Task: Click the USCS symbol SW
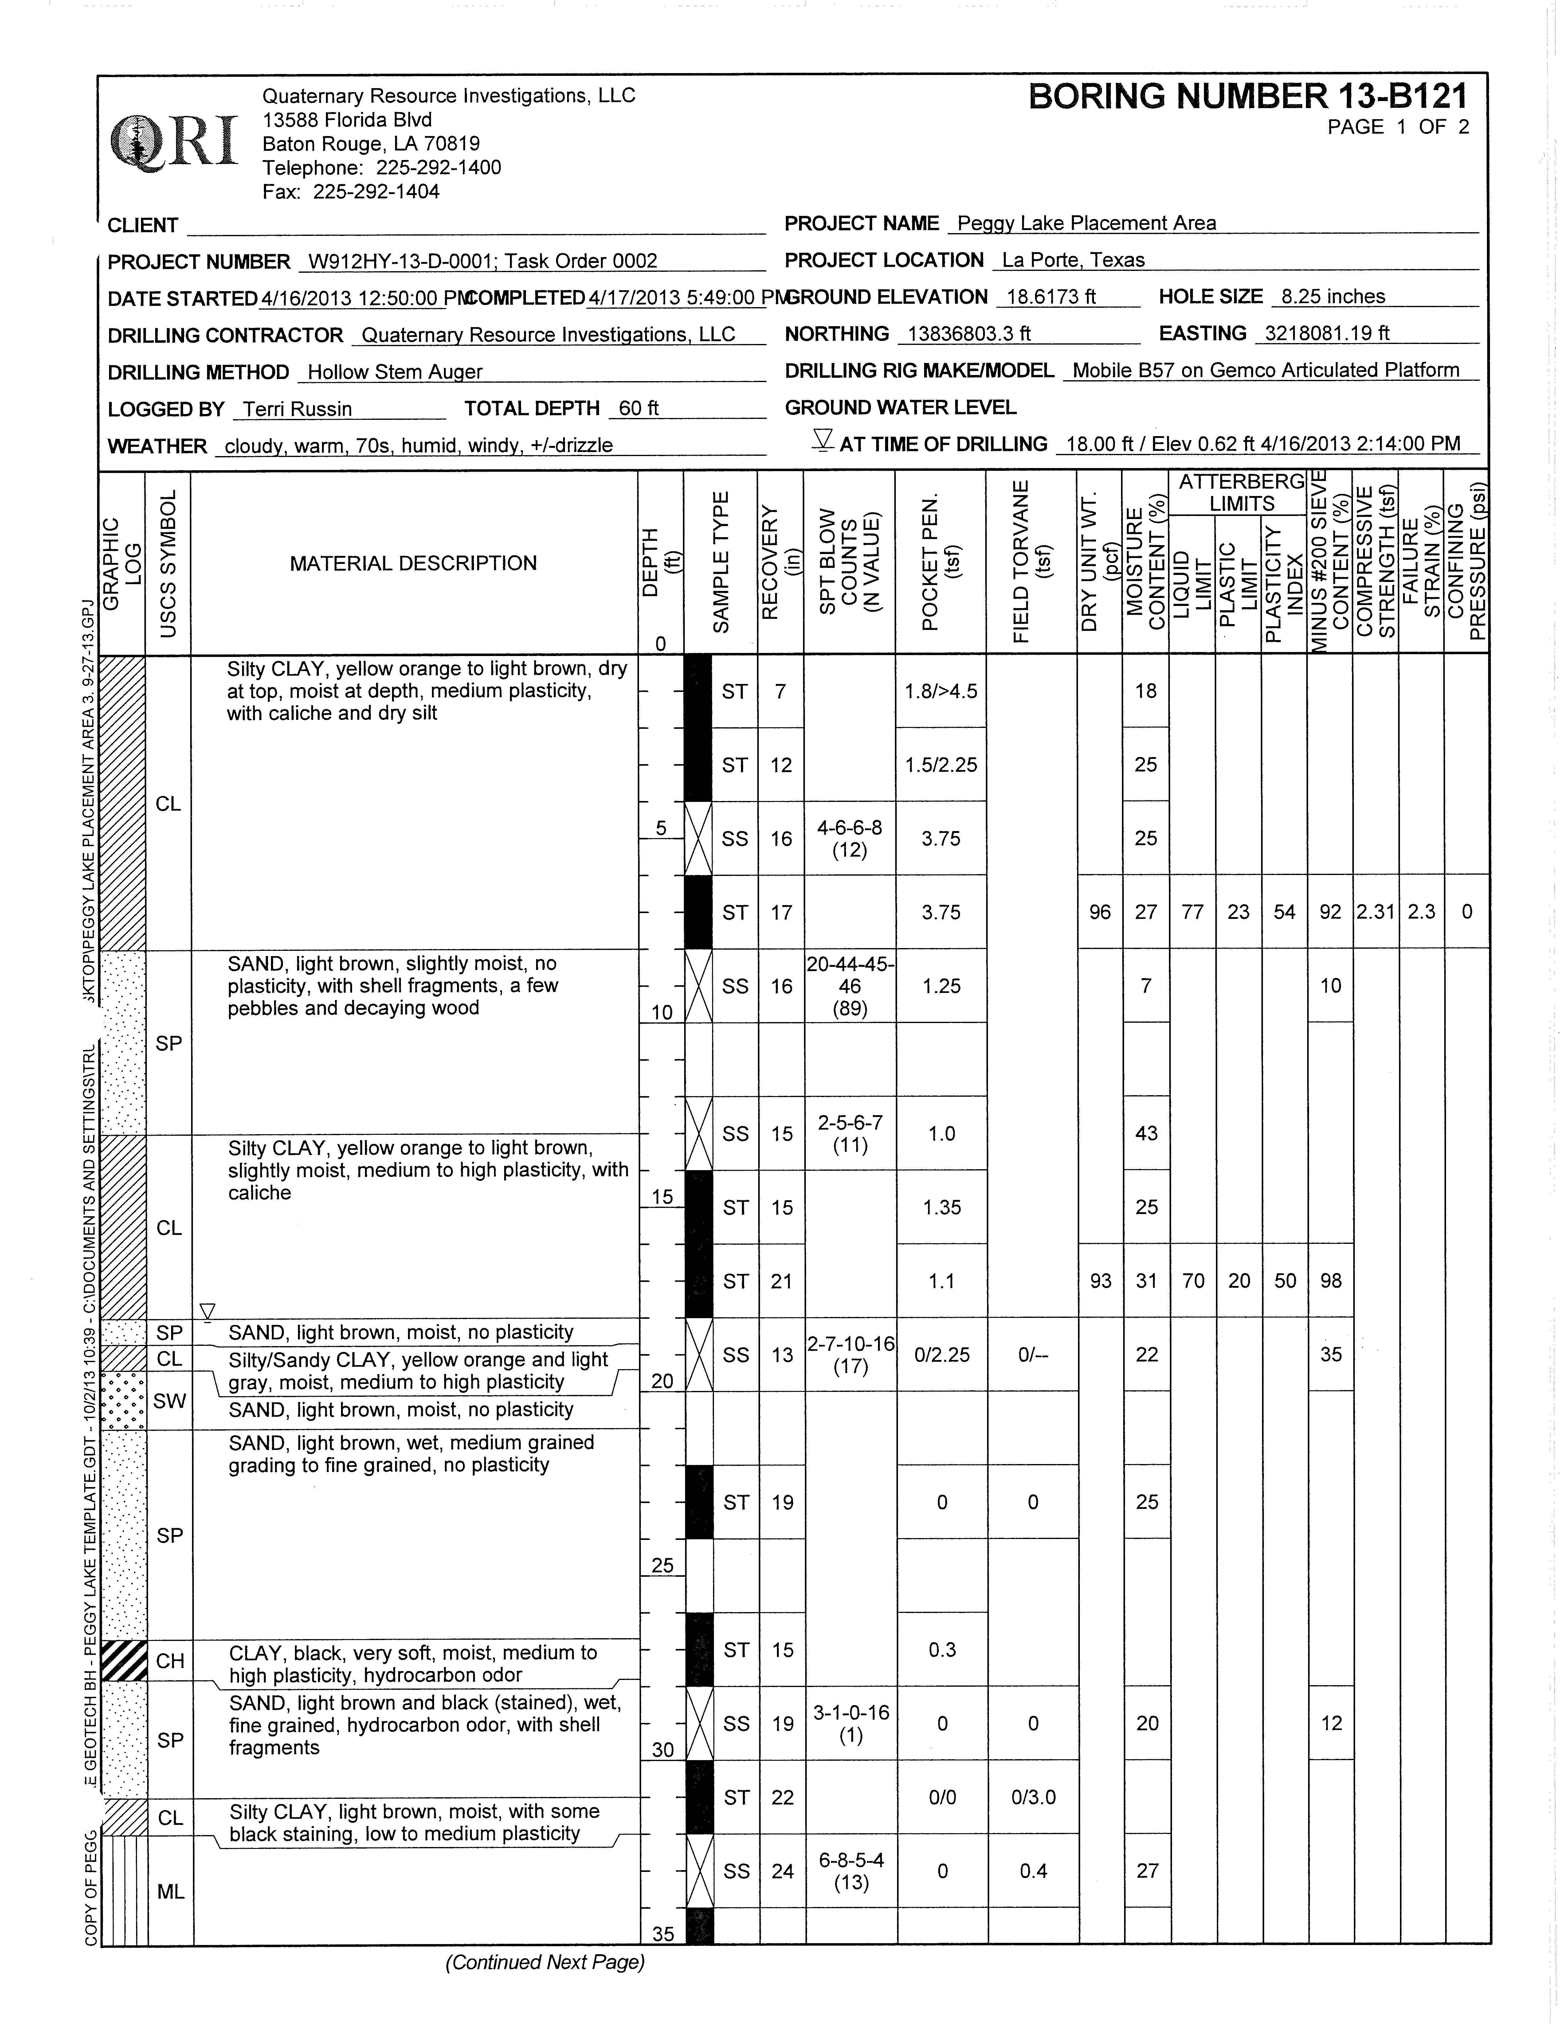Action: tap(170, 1401)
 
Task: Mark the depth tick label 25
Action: tap(662, 1567)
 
